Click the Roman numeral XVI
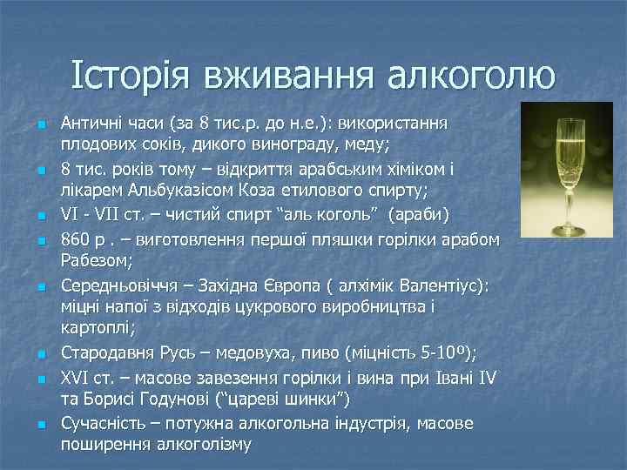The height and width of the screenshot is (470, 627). pos(77,379)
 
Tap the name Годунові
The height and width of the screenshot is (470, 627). pos(160,399)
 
